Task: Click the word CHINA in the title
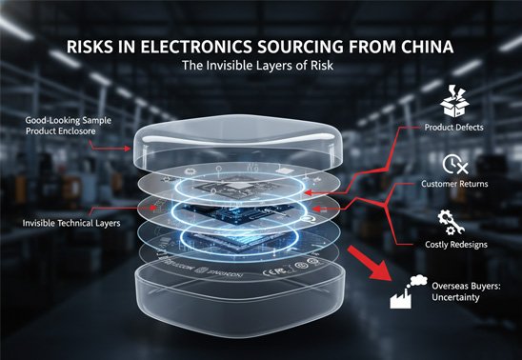[425, 47]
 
